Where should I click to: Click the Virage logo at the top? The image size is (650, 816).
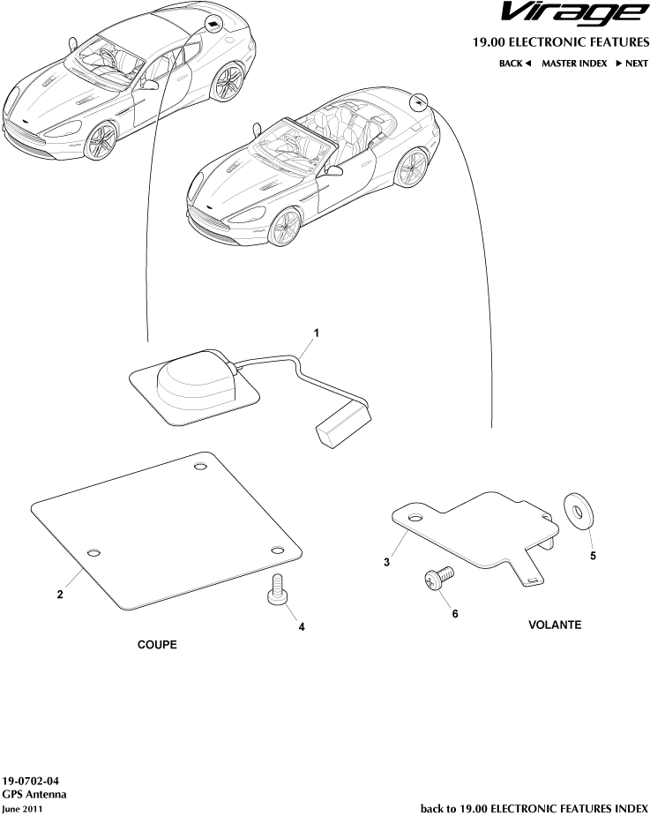click(x=575, y=14)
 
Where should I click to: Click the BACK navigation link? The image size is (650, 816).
click(x=515, y=64)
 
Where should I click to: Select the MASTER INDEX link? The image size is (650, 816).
click(x=574, y=64)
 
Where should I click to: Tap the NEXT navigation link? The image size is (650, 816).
click(x=632, y=64)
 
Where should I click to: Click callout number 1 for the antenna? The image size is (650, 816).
click(x=316, y=333)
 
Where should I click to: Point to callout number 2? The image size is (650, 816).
click(x=60, y=594)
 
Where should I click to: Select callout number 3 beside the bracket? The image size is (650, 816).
click(x=386, y=562)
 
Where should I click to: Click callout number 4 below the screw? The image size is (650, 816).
click(x=302, y=627)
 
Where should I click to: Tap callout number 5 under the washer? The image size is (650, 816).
click(x=593, y=556)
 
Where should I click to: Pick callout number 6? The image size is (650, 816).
click(x=455, y=614)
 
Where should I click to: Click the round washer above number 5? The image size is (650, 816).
click(x=579, y=511)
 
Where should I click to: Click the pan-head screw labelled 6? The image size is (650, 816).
click(x=438, y=578)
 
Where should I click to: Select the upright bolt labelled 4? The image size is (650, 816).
click(x=277, y=590)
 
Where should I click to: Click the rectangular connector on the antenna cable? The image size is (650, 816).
click(x=345, y=426)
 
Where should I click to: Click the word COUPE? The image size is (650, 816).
click(x=157, y=645)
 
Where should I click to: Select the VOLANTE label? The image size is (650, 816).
click(x=555, y=625)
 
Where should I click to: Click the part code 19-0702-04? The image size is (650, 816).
click(x=30, y=781)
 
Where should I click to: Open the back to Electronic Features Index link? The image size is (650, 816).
click(x=534, y=808)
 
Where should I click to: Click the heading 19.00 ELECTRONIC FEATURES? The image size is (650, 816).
click(x=561, y=42)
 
